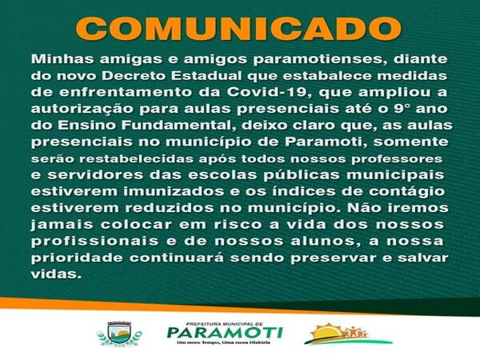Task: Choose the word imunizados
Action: [x=174, y=191]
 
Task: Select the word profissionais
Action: [x=94, y=242]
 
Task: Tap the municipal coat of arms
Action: [x=119, y=334]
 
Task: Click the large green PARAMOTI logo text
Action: [x=225, y=333]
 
